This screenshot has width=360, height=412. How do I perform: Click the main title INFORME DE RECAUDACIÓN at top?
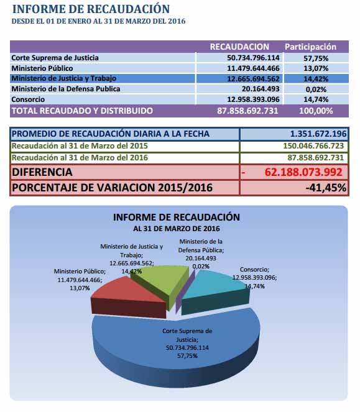[x=91, y=9]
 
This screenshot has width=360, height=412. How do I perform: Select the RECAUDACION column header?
[x=239, y=47]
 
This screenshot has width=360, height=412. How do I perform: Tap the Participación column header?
[x=310, y=47]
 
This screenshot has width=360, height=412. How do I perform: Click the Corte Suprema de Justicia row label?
[x=55, y=58]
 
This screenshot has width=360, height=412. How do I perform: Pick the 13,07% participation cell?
[x=316, y=68]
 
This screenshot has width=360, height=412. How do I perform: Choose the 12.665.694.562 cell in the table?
[x=253, y=78]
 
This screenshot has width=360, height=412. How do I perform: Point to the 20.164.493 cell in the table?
[x=261, y=89]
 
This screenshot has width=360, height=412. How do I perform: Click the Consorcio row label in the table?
[x=28, y=99]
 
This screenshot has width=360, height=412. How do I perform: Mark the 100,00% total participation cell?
[x=316, y=111]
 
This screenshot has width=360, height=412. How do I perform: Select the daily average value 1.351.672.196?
[x=318, y=134]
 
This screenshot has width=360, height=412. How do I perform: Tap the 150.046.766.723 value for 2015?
[x=313, y=146]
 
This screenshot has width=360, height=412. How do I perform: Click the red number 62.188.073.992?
[x=303, y=172]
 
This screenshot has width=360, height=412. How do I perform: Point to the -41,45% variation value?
[x=326, y=188]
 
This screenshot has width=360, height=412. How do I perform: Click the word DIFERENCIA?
[x=42, y=172]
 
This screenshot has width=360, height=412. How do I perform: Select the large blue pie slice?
[x=176, y=347]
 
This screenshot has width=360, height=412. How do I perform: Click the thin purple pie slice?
[x=186, y=291]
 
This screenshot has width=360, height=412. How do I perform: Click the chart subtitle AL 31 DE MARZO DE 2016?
[x=176, y=229]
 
